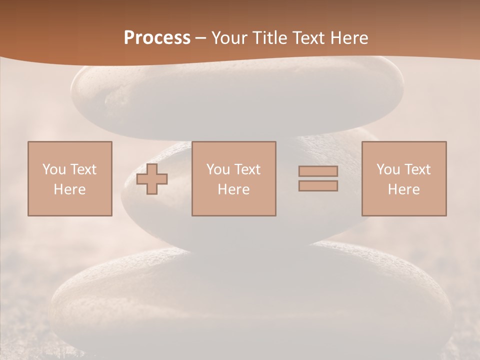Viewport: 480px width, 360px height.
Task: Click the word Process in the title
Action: (157, 38)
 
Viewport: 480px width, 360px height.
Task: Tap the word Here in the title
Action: (348, 38)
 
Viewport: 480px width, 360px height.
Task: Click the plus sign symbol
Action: (152, 179)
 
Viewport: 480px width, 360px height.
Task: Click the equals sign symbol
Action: (318, 178)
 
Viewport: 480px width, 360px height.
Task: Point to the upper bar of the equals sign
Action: (318, 171)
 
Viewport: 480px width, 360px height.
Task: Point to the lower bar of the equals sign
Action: (318, 185)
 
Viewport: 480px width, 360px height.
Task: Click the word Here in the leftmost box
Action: (70, 189)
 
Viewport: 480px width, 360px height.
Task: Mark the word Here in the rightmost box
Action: (404, 189)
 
